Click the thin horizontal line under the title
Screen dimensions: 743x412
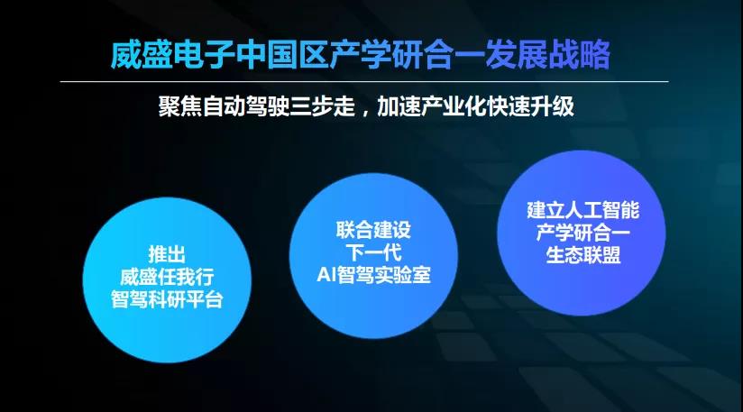point(364,82)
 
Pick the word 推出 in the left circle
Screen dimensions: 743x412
point(167,255)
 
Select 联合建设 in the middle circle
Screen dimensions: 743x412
point(373,230)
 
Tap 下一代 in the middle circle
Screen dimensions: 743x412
point(373,252)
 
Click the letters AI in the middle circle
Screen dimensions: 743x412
point(326,275)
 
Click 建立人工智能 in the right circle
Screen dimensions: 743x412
point(582,211)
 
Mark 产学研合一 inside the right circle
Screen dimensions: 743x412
point(582,233)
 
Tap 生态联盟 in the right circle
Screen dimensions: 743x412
point(582,255)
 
